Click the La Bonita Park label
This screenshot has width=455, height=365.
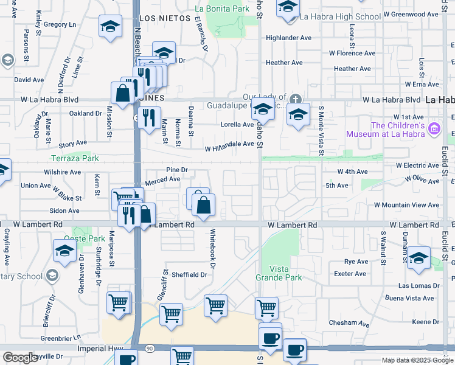click(x=222, y=9)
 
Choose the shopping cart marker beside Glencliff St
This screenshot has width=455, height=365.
click(x=171, y=314)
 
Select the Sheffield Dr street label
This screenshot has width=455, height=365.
click(x=189, y=274)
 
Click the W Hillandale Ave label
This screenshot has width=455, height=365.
click(x=229, y=145)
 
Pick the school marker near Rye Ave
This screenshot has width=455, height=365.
click(x=419, y=258)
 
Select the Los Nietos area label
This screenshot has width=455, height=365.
click(x=161, y=18)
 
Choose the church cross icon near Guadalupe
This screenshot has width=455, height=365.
click(x=295, y=99)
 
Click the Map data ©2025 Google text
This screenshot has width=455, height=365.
click(x=417, y=360)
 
